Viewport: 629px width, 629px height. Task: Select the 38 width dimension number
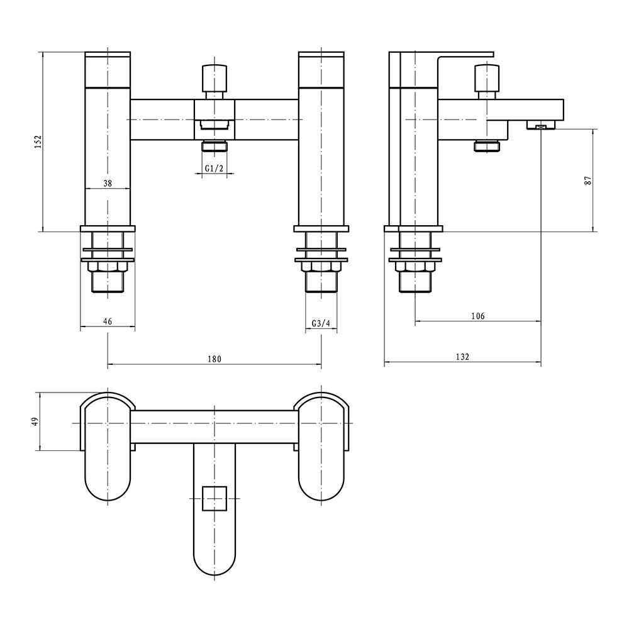(x=108, y=183)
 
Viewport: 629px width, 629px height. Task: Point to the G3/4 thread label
(x=321, y=323)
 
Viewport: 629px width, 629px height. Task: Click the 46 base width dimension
(x=108, y=321)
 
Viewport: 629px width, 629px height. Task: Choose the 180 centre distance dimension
(x=214, y=359)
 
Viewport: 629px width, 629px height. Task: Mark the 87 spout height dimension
(x=588, y=180)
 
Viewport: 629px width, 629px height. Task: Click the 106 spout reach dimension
(x=477, y=316)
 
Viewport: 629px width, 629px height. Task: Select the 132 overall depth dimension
(x=462, y=357)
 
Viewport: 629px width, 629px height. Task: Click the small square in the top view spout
(x=214, y=497)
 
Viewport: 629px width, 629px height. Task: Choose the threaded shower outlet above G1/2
(x=214, y=147)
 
